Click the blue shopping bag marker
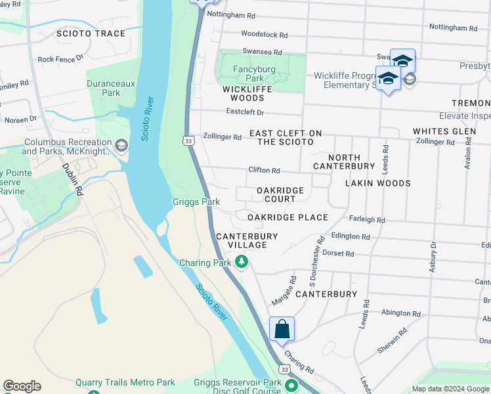(x=282, y=329)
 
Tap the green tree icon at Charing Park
(x=242, y=263)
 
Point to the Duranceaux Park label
(x=104, y=88)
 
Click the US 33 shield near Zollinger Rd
(x=188, y=141)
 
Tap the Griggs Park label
(x=196, y=202)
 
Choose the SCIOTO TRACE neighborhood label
(x=91, y=33)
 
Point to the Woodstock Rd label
(x=264, y=34)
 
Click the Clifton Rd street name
(x=264, y=170)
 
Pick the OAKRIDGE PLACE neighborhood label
(x=288, y=217)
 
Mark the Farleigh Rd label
(x=368, y=221)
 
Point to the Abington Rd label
(x=400, y=314)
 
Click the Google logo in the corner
(x=22, y=386)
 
